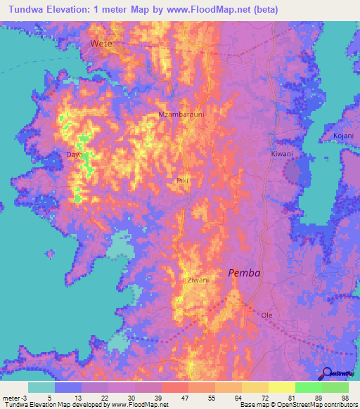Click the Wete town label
pyautogui.click(x=101, y=44)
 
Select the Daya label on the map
pyautogui.click(x=74, y=153)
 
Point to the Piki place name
pyautogui.click(x=182, y=181)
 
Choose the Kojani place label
pyautogui.click(x=342, y=136)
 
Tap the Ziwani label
pyautogui.click(x=198, y=280)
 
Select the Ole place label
pyautogui.click(x=266, y=316)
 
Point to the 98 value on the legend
pyautogui.click(x=344, y=397)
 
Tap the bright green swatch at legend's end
pyautogui.click(x=335, y=387)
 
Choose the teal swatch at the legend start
pyautogui.click(x=41, y=387)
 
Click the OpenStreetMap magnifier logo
pyautogui.click(x=326, y=373)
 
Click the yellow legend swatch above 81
pyautogui.click(x=282, y=387)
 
